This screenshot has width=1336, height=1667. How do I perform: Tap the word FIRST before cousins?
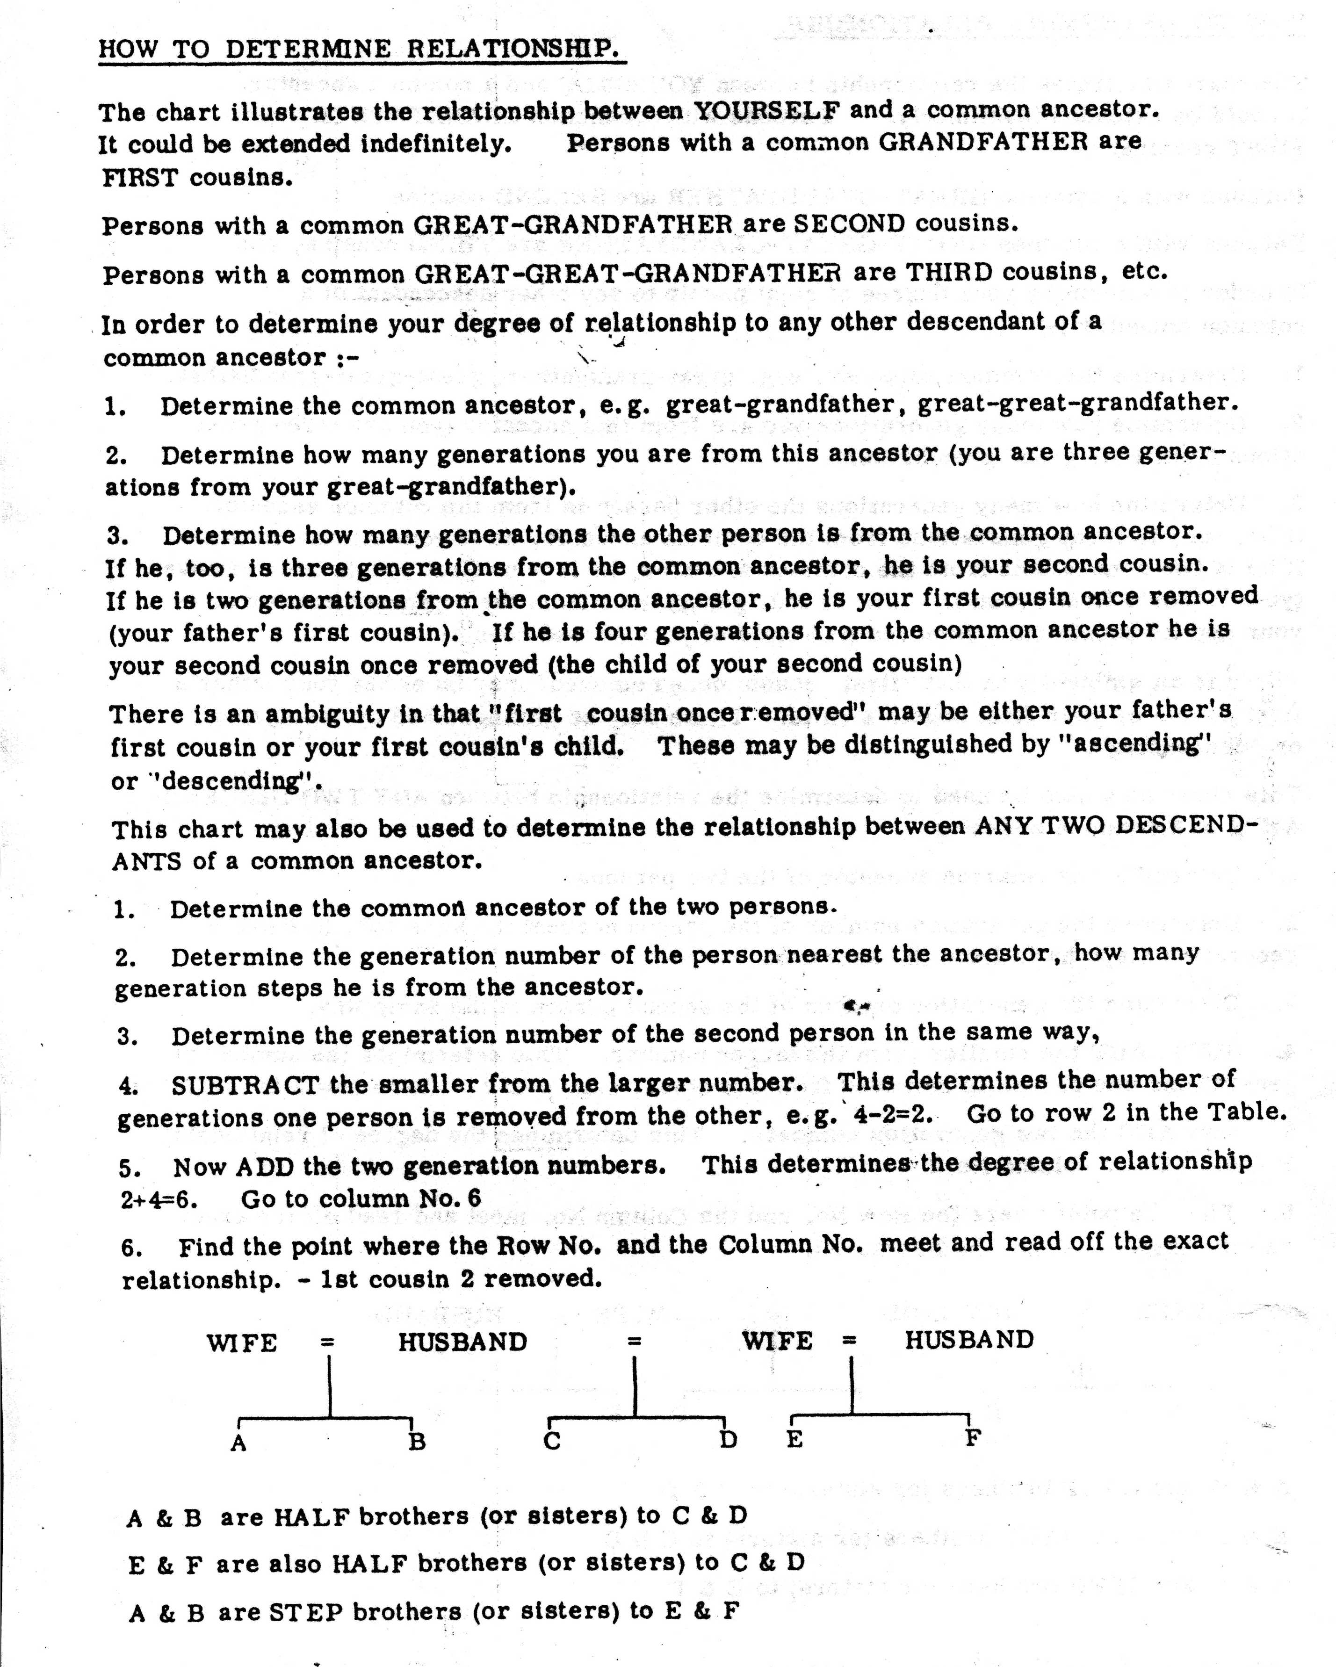click(x=139, y=177)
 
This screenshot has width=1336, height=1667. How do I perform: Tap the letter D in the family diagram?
click(x=728, y=1440)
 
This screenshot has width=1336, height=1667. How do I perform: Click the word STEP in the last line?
click(x=306, y=1612)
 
